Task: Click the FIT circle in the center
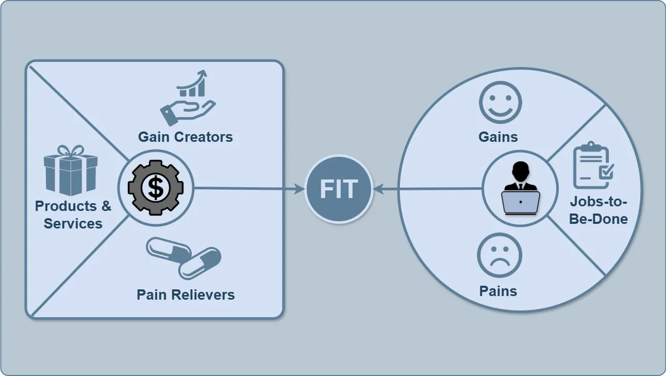tap(338, 189)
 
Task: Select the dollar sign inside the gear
tap(155, 188)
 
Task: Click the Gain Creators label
tap(185, 137)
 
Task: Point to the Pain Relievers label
tap(186, 295)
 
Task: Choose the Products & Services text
tap(73, 215)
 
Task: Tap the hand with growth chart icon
tap(188, 98)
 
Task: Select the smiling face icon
tap(500, 102)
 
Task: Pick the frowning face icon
tap(499, 256)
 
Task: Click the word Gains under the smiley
tap(498, 137)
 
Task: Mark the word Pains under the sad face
tap(498, 291)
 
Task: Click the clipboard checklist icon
tap(593, 165)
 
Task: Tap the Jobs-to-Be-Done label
tap(598, 210)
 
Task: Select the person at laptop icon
tap(520, 188)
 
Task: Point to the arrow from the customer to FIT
tap(428, 189)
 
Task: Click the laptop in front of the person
tap(521, 203)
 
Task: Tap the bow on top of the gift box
tap(70, 151)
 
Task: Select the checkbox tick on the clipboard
tap(606, 171)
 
